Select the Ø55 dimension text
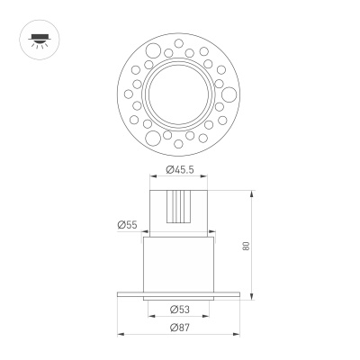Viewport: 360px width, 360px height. click(x=127, y=225)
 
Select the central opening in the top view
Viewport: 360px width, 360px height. click(x=180, y=89)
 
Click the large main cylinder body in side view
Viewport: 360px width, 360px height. click(x=180, y=265)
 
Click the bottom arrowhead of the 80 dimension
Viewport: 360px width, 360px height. click(x=252, y=297)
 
